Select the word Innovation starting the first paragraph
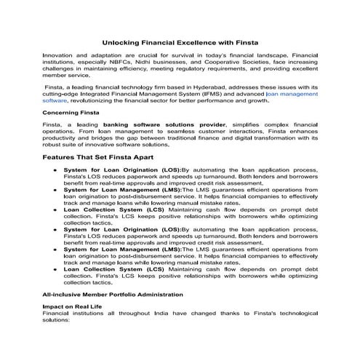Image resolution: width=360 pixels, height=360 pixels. click(58, 55)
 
